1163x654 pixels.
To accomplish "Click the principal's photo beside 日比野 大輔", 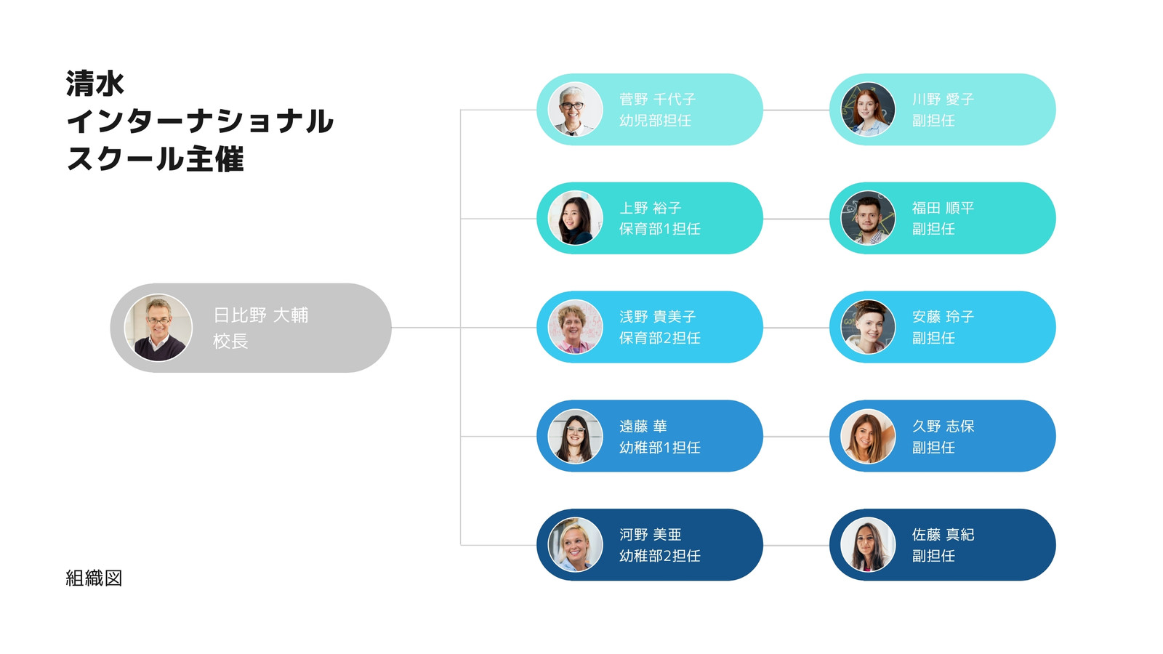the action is pos(158,328).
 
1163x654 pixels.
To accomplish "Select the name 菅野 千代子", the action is pos(657,99).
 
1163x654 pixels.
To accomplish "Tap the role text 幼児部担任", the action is pos(655,121).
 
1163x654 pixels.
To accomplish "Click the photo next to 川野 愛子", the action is pos(868,110).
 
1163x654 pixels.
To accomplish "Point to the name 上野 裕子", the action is pos(650,208).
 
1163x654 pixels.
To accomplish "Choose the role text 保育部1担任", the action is pos(660,229).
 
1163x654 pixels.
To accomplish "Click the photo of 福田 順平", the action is pos(868,218).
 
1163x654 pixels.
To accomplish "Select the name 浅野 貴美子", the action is pos(657,317).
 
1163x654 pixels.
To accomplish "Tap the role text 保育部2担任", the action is pos(660,338).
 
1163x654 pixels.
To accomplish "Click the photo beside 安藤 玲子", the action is pos(868,327).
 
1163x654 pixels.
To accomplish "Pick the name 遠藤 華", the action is pos(643,426).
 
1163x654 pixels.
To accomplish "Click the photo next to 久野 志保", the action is pos(868,436).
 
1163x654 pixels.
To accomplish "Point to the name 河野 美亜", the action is pos(650,535).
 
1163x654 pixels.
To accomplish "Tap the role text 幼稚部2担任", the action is pos(660,556).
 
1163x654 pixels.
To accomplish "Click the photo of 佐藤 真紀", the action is pos(868,545).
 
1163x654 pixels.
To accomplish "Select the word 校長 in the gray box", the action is pos(230,341).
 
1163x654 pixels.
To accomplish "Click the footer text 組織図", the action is pos(94,578).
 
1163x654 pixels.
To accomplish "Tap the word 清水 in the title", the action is pos(95,84).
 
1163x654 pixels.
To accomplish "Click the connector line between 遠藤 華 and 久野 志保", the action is pos(797,437).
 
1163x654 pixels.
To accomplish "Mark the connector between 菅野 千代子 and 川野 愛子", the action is pos(797,110).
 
